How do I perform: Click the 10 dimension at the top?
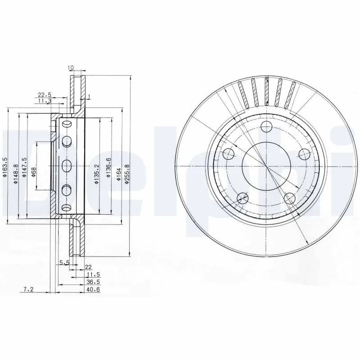(x=71, y=67)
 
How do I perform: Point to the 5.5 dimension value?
(x=63, y=262)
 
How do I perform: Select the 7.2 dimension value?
(x=28, y=289)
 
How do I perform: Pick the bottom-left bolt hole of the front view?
(x=243, y=197)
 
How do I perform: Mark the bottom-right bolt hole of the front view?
(x=290, y=198)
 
